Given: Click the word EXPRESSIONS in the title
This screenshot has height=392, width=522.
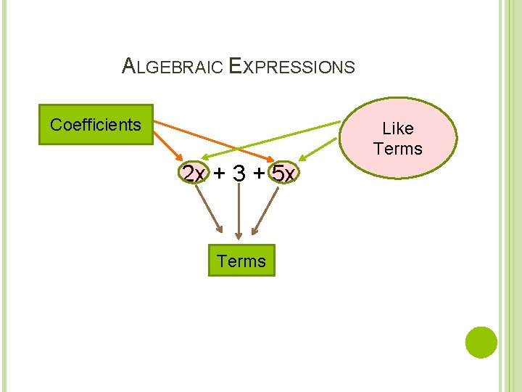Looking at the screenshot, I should [291, 68].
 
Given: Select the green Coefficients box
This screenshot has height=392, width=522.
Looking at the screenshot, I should [96, 125].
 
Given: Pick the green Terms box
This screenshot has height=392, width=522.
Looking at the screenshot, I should [241, 261].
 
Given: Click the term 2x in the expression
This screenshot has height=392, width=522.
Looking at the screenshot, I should [194, 174].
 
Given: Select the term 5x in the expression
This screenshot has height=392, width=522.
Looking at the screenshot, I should [283, 174].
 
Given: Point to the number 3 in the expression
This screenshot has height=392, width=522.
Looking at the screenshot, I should [239, 174].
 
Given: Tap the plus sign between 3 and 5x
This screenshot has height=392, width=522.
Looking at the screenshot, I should [260, 174].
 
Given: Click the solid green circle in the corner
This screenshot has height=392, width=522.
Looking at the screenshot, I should [481, 342].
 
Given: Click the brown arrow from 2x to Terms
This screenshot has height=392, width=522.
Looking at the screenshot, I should [210, 211].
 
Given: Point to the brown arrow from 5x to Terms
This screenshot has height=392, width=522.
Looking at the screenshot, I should [265, 211].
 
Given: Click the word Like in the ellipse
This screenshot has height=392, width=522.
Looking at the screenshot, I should [398, 128].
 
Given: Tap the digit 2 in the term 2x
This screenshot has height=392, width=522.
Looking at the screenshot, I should [189, 174].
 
